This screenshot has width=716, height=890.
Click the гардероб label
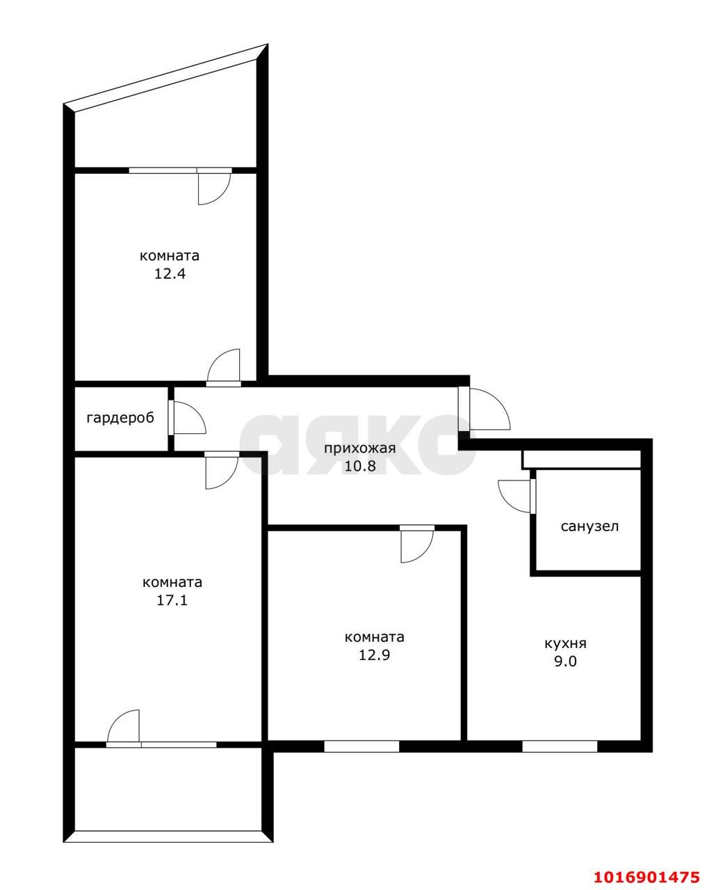pyautogui.click(x=120, y=419)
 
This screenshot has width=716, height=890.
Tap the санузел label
pyautogui.click(x=589, y=527)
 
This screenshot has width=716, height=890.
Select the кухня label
pyautogui.click(x=565, y=644)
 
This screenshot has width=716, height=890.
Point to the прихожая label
pyautogui.click(x=360, y=448)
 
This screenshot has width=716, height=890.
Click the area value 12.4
pyautogui.click(x=170, y=274)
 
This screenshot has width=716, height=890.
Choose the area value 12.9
pyautogui.click(x=375, y=655)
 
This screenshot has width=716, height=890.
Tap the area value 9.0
pyautogui.click(x=565, y=661)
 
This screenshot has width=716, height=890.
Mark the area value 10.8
pyautogui.click(x=360, y=466)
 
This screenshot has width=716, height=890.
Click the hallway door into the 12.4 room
pyautogui.click(x=223, y=368)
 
